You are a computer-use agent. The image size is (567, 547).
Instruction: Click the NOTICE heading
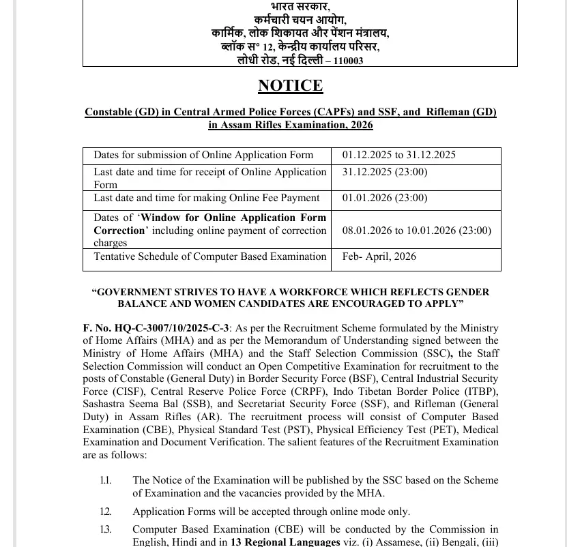[x=290, y=86]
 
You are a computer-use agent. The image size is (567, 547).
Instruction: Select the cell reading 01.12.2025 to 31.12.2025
[x=398, y=156]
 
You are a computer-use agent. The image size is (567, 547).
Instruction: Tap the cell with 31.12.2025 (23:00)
[x=384, y=172]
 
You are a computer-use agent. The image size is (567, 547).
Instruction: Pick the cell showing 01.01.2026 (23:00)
[x=384, y=198]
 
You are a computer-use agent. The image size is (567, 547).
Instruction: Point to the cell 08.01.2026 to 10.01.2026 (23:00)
[x=416, y=231]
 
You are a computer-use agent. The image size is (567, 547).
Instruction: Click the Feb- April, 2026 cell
[x=379, y=257]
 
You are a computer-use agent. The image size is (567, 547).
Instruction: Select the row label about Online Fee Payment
[x=206, y=198]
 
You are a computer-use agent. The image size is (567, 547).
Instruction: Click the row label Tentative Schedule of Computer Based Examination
[x=209, y=257]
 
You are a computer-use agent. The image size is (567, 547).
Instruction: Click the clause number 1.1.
[x=105, y=481]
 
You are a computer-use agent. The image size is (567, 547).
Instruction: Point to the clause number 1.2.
[x=105, y=512]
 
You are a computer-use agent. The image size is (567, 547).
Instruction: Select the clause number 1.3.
[x=105, y=529]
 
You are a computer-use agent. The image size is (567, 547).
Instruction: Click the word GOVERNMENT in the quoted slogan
[x=136, y=292]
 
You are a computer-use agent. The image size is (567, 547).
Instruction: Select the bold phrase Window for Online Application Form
[x=233, y=218]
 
